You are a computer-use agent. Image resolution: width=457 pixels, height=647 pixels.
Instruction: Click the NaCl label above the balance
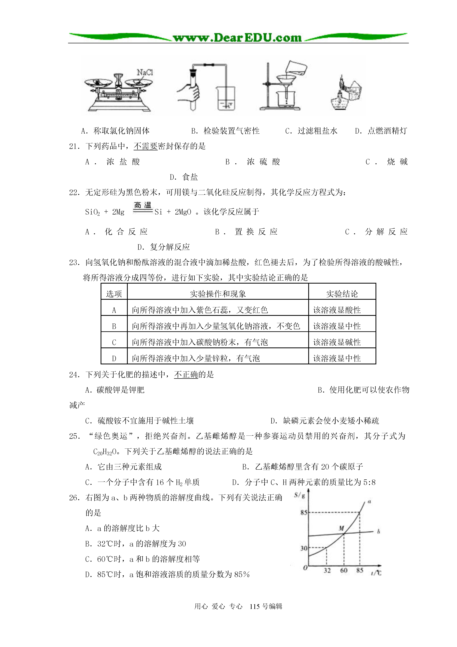coord(145,72)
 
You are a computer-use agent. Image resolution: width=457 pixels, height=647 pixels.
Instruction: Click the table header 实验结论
coord(342,294)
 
